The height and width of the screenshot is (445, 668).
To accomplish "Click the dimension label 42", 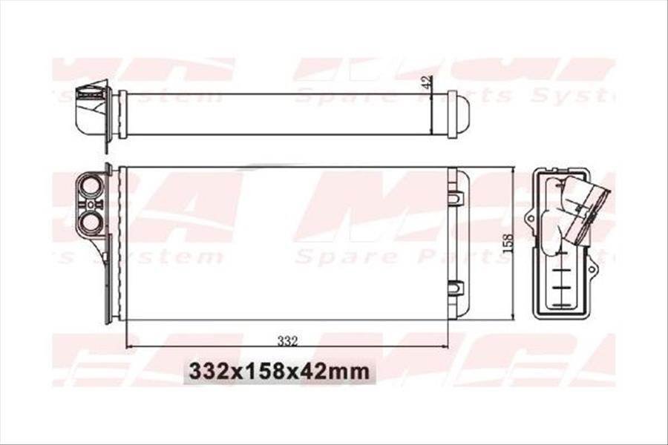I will pos(426,83).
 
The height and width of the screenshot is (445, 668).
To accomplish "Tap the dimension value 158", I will pos(508,244).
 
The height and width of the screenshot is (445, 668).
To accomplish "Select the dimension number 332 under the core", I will pos(287,340).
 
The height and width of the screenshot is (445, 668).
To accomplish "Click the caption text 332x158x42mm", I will pos(279,370).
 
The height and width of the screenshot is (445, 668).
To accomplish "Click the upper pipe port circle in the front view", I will pos(90,184).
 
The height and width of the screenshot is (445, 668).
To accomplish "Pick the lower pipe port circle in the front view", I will pos(90,221).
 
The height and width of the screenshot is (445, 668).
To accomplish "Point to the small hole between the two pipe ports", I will pos(90,202).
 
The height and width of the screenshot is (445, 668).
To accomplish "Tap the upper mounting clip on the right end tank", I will pos(456,198).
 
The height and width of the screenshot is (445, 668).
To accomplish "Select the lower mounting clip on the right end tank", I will pos(456,287).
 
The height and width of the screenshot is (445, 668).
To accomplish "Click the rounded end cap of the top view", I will pos(461,114).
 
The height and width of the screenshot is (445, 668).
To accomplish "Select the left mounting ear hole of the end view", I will pos(529,219).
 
